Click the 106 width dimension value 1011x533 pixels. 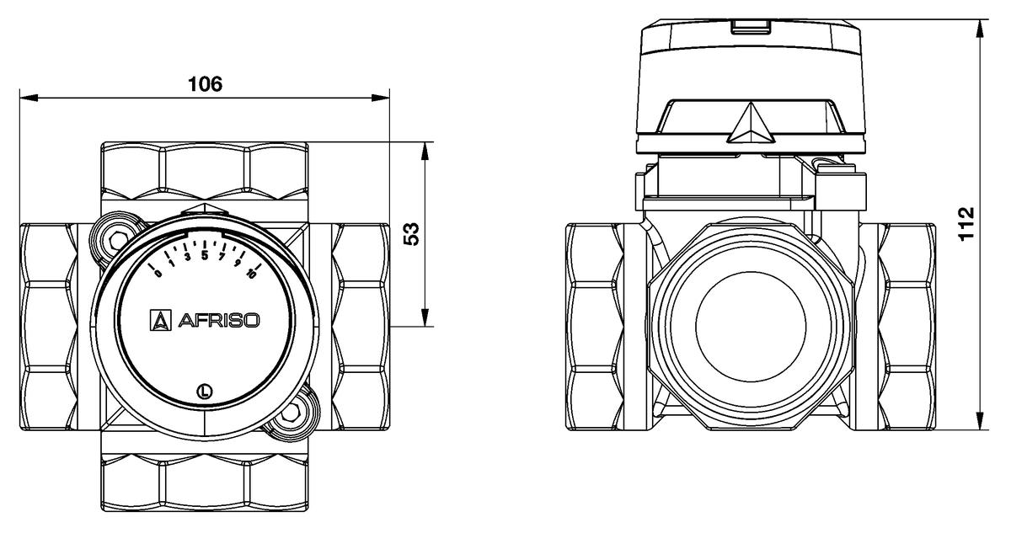204,84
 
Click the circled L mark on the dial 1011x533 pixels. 204,390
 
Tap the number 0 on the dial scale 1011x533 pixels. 158,272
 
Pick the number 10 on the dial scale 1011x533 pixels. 250,271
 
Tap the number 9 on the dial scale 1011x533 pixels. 238,263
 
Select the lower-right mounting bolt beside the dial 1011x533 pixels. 295,411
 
